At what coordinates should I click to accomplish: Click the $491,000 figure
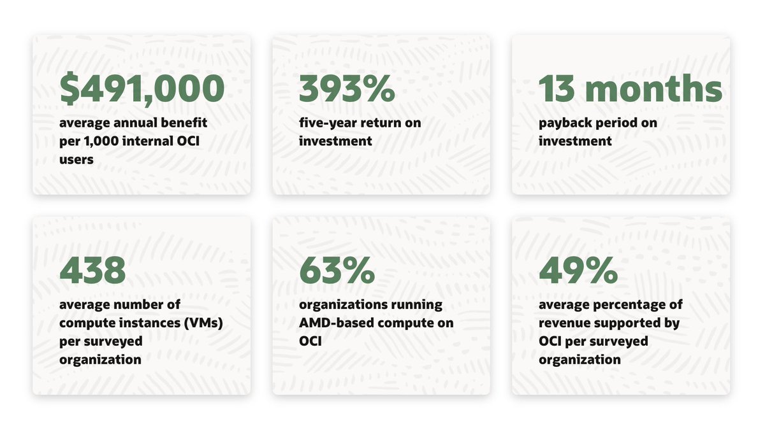coord(142,89)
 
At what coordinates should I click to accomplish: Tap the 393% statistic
coord(347,89)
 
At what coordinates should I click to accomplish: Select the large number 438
coord(92,270)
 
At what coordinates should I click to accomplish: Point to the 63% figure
coord(337,270)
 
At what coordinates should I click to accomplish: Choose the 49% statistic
coord(578,270)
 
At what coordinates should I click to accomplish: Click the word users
coord(76,159)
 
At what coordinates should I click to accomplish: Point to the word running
coord(417,305)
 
